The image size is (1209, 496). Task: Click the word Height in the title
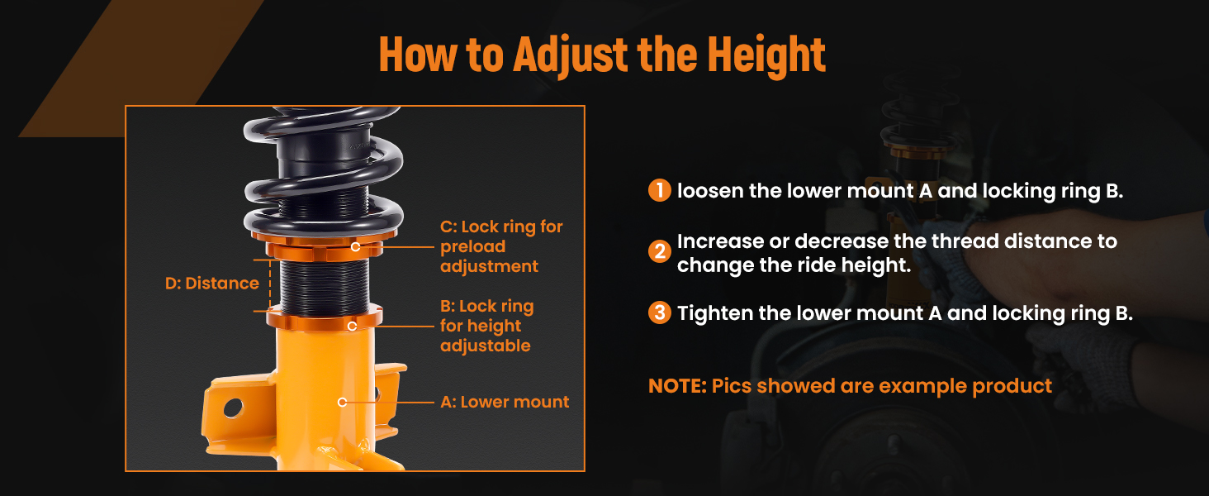pyautogui.click(x=766, y=54)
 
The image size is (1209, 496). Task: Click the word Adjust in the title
pyautogui.click(x=571, y=55)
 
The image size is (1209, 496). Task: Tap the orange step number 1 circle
pyautogui.click(x=660, y=190)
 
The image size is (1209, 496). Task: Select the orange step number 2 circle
pyautogui.click(x=660, y=251)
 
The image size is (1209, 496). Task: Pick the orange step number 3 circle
pyautogui.click(x=660, y=312)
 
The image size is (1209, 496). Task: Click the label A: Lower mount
pyautogui.click(x=505, y=402)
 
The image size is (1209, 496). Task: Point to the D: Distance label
pyautogui.click(x=212, y=283)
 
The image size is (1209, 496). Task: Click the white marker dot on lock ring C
pyautogui.click(x=355, y=247)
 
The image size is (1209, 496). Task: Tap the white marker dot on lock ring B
pyautogui.click(x=352, y=326)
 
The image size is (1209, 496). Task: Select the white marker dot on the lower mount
pyautogui.click(x=342, y=402)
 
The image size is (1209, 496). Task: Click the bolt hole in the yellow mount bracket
pyautogui.click(x=233, y=408)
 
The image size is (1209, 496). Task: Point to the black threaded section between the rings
pyautogui.click(x=325, y=286)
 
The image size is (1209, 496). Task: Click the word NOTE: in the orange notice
pyautogui.click(x=677, y=386)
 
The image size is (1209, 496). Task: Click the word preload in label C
pyautogui.click(x=473, y=247)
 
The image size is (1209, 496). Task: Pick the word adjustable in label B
pyautogui.click(x=486, y=346)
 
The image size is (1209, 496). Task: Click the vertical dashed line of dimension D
pyautogui.click(x=270, y=285)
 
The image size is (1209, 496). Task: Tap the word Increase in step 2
pyautogui.click(x=720, y=241)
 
